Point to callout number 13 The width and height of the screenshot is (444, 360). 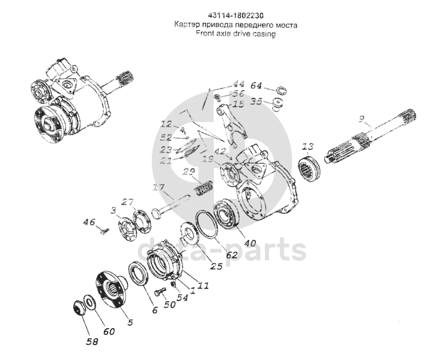(x=308, y=147)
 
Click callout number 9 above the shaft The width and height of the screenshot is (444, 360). (x=361, y=120)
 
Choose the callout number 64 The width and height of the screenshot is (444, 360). (x=256, y=86)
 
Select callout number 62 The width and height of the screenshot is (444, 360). (x=231, y=255)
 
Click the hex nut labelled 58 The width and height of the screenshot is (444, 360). (x=78, y=307)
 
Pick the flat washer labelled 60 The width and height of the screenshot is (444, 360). (x=89, y=301)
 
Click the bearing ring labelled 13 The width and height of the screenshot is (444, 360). (x=312, y=166)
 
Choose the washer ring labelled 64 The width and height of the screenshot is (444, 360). (x=279, y=92)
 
